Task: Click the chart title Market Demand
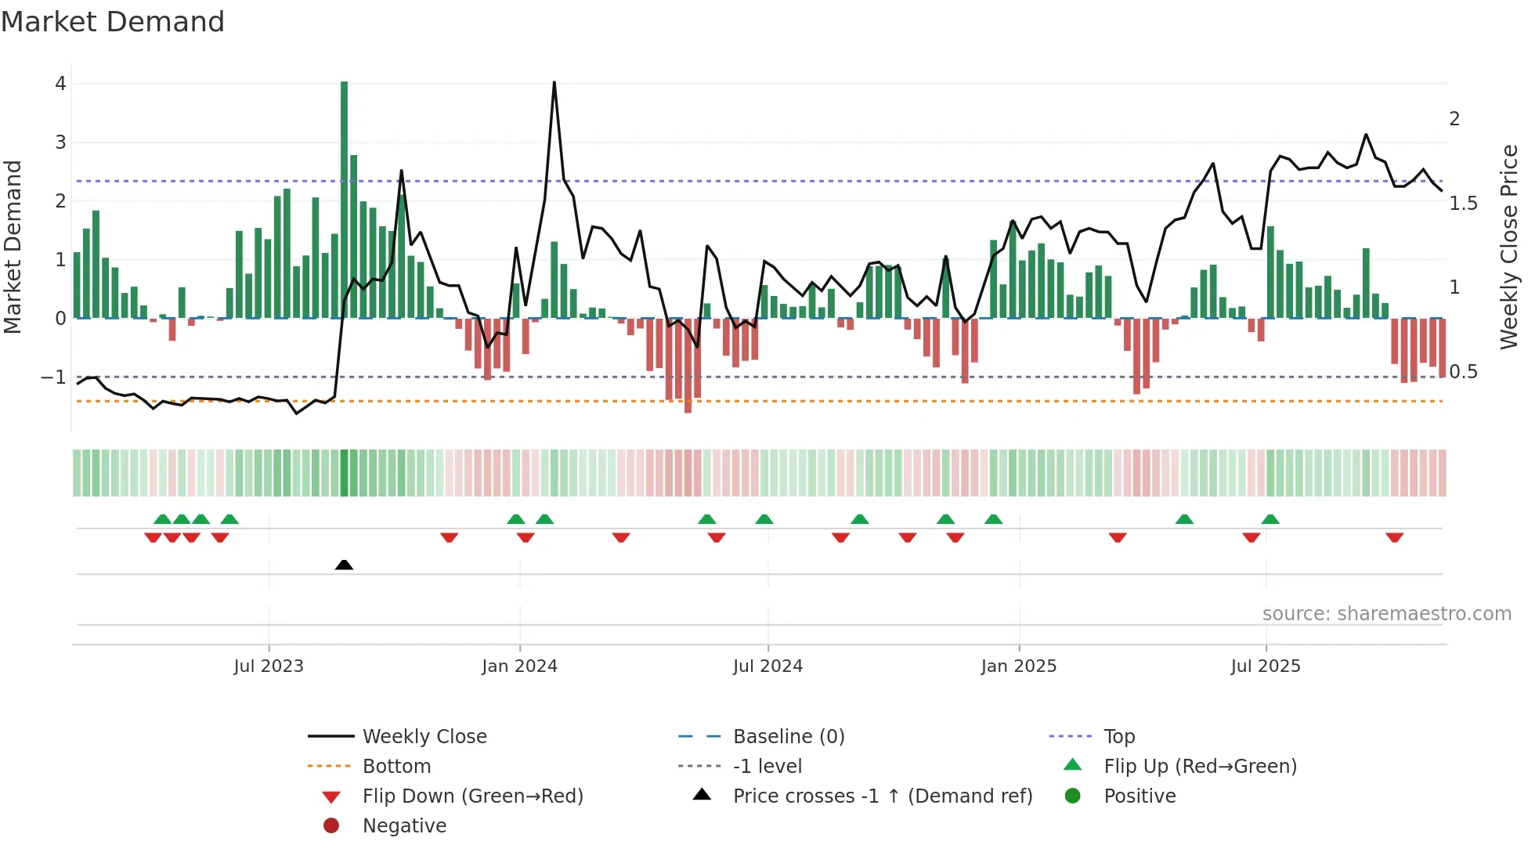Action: click(113, 22)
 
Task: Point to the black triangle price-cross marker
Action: click(344, 565)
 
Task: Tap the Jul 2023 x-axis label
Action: click(269, 666)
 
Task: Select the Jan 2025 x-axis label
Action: click(1018, 666)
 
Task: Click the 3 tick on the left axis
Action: click(60, 143)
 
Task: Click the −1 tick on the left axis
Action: click(53, 377)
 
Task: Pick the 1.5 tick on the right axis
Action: click(1463, 204)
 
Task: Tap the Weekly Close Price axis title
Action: click(1508, 247)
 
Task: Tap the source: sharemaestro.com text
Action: click(1386, 614)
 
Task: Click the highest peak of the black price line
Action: click(554, 82)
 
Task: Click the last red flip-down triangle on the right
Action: click(1394, 537)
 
